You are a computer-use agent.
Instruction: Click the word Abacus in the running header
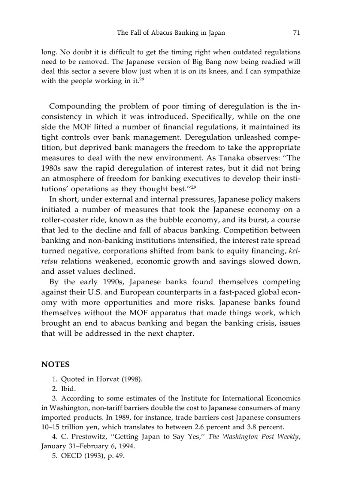point(163,33)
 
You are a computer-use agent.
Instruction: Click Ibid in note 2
point(68,389)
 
